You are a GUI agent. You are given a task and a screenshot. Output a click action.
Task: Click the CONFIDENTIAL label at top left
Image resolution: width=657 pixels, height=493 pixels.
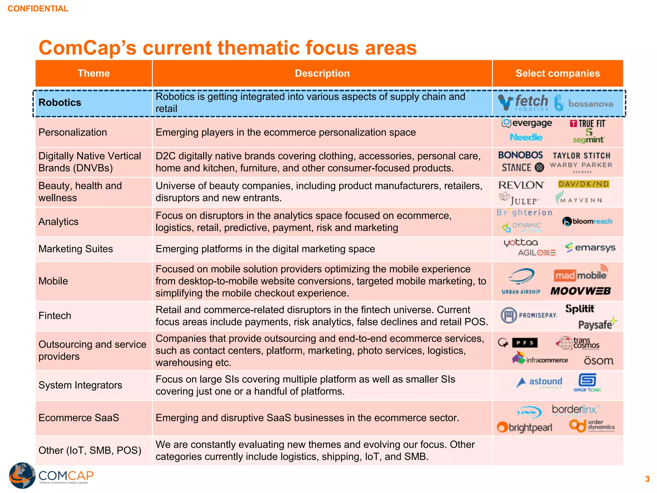(x=38, y=9)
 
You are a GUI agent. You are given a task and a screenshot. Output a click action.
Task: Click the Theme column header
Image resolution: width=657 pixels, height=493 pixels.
(x=94, y=74)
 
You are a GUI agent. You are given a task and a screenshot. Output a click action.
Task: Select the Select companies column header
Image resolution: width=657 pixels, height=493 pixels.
(x=558, y=74)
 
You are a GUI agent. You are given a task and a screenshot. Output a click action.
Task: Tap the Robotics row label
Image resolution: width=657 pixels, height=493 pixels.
(x=60, y=103)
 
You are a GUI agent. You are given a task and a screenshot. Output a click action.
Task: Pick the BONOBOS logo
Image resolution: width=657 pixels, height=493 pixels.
(x=520, y=155)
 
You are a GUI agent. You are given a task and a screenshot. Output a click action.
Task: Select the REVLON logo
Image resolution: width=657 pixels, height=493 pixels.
(x=521, y=185)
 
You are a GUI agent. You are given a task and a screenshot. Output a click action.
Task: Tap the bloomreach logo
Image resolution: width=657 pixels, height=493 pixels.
(x=587, y=221)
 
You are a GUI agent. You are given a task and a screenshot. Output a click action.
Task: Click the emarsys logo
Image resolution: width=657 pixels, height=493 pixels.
(x=590, y=248)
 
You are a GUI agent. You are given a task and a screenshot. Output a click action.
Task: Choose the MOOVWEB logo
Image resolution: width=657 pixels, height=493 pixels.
(x=581, y=291)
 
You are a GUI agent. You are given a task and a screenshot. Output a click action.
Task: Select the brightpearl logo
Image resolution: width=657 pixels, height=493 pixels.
(x=525, y=428)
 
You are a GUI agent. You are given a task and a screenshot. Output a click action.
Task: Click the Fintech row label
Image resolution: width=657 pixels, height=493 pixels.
(x=55, y=316)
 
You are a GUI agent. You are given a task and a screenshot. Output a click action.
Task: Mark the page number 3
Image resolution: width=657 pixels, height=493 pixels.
(x=647, y=479)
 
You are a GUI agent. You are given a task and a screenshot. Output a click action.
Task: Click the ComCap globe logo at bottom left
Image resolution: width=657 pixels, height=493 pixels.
(x=22, y=475)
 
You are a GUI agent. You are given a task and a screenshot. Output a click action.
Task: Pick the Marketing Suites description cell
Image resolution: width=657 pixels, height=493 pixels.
(x=265, y=249)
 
